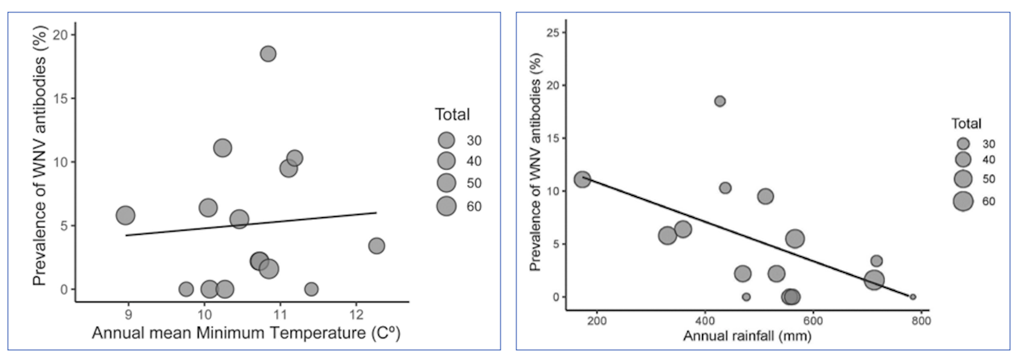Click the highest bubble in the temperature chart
click(x=268, y=54)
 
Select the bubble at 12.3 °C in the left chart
click(x=376, y=246)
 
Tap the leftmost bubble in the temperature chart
click(x=125, y=216)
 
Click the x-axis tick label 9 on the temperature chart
click(x=128, y=314)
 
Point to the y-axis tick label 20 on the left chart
click(x=60, y=35)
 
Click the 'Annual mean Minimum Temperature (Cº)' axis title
click(x=246, y=333)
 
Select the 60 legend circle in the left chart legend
click(x=446, y=206)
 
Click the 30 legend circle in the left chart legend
click(x=446, y=140)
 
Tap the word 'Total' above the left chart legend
click(x=452, y=114)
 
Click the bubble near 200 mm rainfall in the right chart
click(x=582, y=179)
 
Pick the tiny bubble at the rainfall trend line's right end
click(x=913, y=297)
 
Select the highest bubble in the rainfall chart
click(x=720, y=101)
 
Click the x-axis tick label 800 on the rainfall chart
click(x=921, y=321)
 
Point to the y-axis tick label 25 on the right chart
click(x=552, y=33)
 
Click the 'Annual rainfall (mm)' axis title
click(x=747, y=336)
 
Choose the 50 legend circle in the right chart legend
click(x=963, y=179)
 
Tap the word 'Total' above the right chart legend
click(x=966, y=124)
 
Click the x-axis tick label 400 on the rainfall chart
click(x=705, y=321)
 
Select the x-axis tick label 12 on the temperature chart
click(x=356, y=314)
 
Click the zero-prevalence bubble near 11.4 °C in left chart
click(x=311, y=289)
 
